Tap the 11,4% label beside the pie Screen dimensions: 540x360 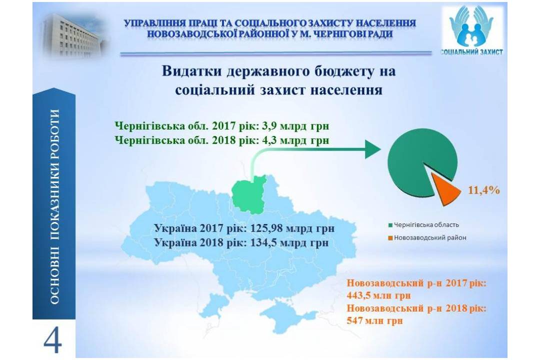tap(484, 190)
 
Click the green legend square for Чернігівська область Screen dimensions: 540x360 tap(390, 225)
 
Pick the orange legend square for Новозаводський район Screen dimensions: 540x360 tap(390, 238)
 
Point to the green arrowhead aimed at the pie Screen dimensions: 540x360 tap(372, 149)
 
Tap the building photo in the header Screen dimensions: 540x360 tap(74, 34)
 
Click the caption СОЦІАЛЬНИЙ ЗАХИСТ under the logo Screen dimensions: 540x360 tap(472, 52)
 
